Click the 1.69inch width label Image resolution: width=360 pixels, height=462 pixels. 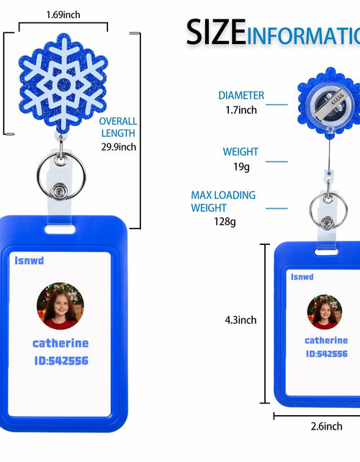pos(63,14)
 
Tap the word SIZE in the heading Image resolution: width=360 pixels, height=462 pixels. pos(216,32)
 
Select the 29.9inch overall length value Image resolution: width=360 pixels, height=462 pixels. pos(119,147)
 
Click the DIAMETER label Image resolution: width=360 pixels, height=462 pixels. pos(241,95)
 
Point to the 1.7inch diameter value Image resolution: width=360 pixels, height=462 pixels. pos(241,110)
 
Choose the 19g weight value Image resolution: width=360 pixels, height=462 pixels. pos(241,166)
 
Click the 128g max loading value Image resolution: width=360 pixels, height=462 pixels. pos(225,221)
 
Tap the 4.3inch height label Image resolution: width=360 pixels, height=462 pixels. pos(240,320)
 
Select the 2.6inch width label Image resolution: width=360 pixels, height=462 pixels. pos(326,426)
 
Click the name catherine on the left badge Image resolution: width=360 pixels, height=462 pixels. pos(60,343)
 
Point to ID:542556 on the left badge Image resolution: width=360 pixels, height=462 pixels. pos(61,360)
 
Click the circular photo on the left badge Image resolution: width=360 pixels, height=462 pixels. pos(60,306)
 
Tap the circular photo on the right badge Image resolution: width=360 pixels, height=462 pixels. pos(325,312)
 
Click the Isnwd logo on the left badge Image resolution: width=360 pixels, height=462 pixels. pos(29,260)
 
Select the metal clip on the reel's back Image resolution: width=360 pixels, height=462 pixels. pos(333,103)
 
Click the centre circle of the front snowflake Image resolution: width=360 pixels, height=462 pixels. pos(64,85)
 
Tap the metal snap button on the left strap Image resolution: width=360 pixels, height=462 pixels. pos(60,191)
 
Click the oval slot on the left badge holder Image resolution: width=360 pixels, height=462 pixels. pos(60,229)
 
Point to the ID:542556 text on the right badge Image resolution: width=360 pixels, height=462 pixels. pos(327,354)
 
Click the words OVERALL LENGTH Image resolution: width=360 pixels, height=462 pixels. pos(118,128)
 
